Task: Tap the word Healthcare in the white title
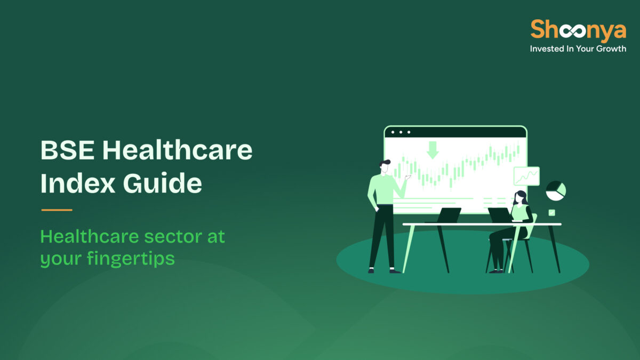tap(177, 151)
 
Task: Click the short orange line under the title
tap(57, 210)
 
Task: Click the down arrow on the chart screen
tap(433, 150)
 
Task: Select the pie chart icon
tap(555, 190)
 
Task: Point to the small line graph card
tap(526, 176)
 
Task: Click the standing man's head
tap(385, 167)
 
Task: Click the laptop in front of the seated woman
tap(500, 215)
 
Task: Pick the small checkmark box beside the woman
tap(551, 212)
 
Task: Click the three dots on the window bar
tap(401, 132)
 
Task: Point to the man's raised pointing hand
tap(408, 177)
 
